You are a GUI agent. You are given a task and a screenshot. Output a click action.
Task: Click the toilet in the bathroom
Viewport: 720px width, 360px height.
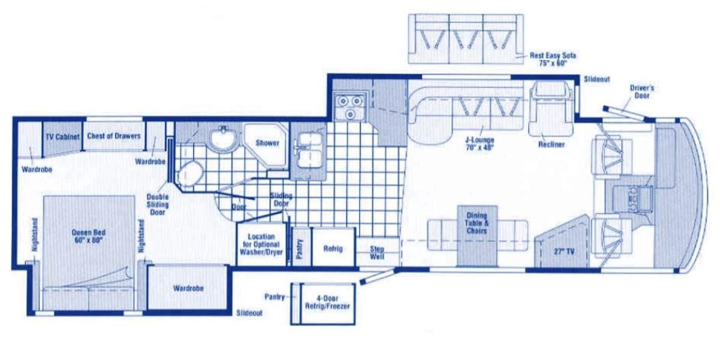click(191, 173)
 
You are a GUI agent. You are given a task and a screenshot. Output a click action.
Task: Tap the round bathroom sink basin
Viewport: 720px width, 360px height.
click(223, 139)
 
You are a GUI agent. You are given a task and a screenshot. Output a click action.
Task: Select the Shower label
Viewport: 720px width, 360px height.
click(268, 143)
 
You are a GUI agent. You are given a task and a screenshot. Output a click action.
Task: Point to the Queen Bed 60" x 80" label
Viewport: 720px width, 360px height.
click(88, 236)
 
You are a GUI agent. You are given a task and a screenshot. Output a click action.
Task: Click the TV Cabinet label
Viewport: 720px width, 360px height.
click(62, 137)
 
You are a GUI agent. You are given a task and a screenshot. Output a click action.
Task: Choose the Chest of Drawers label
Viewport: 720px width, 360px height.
click(114, 136)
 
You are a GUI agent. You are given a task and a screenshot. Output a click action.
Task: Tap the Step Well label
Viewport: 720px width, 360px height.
click(377, 253)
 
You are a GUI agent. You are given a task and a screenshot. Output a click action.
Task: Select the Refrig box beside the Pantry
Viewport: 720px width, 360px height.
click(334, 247)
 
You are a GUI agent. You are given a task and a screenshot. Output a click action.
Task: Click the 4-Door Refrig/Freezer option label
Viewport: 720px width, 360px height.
click(327, 302)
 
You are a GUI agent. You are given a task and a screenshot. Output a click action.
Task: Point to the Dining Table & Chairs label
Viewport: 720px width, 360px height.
click(476, 223)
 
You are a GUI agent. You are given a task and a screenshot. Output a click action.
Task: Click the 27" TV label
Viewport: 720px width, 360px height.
click(564, 251)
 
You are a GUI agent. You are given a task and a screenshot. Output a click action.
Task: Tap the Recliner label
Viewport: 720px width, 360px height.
click(551, 145)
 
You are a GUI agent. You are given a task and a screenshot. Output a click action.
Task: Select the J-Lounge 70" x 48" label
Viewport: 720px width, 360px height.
click(479, 144)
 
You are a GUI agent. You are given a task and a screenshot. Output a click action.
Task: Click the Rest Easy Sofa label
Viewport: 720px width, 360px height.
click(553, 59)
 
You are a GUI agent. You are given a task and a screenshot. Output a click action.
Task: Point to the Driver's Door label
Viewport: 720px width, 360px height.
click(642, 92)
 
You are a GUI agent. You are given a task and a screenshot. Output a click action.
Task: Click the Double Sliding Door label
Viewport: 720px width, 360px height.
click(157, 205)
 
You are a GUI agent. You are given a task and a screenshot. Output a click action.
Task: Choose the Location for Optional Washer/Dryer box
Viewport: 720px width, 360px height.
click(262, 244)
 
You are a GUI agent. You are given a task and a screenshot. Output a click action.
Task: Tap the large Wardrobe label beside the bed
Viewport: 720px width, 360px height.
click(188, 289)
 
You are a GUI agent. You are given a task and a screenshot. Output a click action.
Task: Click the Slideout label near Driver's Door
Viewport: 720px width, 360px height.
click(596, 79)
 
